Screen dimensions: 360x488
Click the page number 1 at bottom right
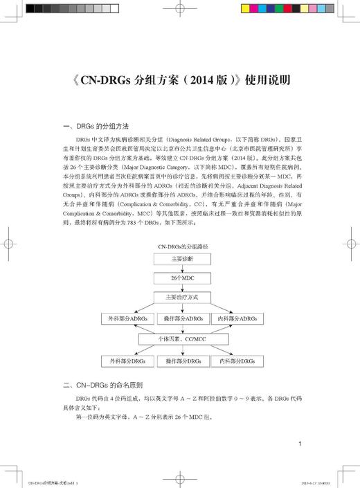298,444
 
